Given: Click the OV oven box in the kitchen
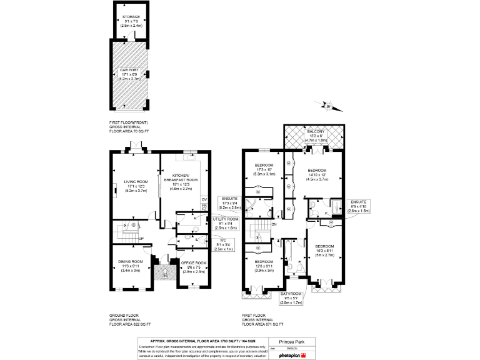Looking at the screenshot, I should (x=204, y=201).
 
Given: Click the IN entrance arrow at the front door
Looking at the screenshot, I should (x=164, y=270).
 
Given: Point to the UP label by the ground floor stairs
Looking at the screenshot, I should (x=142, y=239).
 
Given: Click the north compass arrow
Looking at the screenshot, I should (x=336, y=107).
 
